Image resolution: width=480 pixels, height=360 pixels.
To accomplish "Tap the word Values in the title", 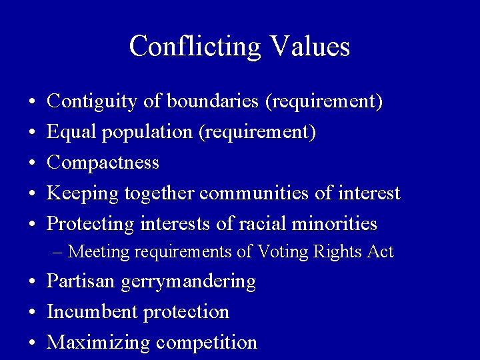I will (x=311, y=47).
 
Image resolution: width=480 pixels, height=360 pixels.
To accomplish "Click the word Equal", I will (x=71, y=132).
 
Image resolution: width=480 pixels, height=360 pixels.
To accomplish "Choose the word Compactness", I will (x=103, y=163).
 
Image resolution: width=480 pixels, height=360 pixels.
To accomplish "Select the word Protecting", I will (x=91, y=224).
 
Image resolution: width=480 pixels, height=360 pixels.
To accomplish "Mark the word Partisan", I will (x=81, y=281).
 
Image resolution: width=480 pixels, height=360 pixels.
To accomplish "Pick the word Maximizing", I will (x=99, y=343).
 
